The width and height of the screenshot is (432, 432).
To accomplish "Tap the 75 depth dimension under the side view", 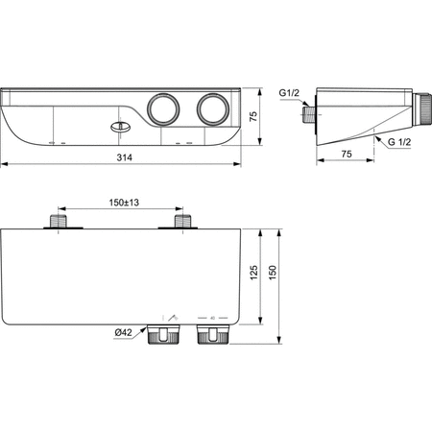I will click(345, 151).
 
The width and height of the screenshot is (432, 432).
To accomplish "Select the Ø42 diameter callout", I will click(124, 332).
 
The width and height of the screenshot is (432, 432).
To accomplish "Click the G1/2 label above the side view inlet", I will click(290, 92).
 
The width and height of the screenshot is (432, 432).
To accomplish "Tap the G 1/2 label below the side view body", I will click(400, 141).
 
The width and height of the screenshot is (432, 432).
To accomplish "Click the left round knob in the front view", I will click(162, 108).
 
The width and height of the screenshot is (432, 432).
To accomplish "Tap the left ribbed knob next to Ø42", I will click(163, 335).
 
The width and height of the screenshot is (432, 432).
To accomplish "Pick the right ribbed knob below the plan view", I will click(208, 335).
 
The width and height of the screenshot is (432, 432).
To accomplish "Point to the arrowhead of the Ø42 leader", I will click(151, 332).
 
